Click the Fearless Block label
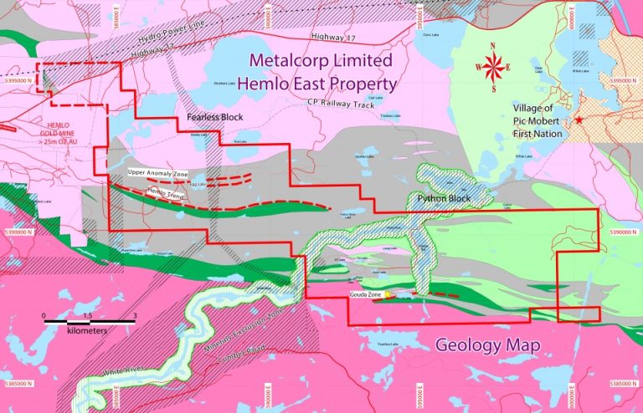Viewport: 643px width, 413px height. (x=214, y=117)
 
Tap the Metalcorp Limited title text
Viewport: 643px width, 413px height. (x=320, y=62)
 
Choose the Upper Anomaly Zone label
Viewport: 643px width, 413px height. (x=154, y=171)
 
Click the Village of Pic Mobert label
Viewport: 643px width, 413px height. (x=545, y=115)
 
